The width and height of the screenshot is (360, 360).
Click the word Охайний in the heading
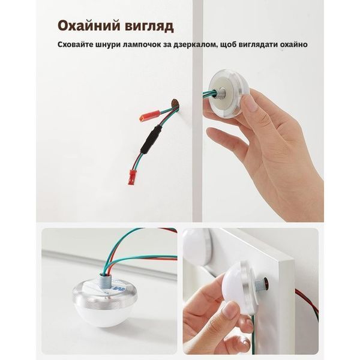pyautogui.click(x=89, y=26)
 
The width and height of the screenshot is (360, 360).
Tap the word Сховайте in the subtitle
pyautogui.click(x=75, y=44)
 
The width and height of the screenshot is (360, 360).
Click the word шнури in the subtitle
pyautogui.click(x=107, y=44)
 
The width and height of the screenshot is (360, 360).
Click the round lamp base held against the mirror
pyautogui.click(x=229, y=92)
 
